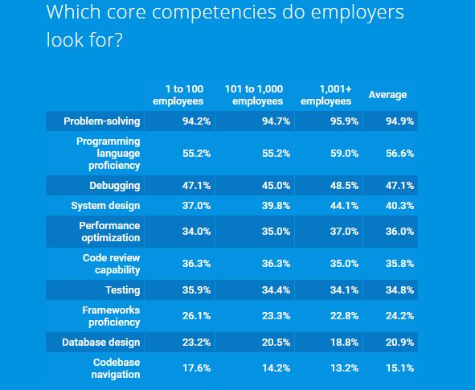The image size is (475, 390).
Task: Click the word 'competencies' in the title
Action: coord(214,12)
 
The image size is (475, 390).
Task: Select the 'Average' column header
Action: coord(387,95)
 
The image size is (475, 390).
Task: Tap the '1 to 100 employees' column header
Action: coord(178,95)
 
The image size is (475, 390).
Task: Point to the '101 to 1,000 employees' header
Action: coord(254,95)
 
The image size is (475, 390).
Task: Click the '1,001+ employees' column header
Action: coord(326,95)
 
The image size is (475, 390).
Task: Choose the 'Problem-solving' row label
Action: coord(102,121)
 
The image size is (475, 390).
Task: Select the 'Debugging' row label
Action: coord(115,186)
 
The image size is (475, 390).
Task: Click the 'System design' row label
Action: coord(106,206)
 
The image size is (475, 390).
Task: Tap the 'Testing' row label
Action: coord(123,290)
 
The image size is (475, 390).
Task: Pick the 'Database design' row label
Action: coord(101,342)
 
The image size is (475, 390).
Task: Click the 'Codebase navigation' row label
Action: coord(116,368)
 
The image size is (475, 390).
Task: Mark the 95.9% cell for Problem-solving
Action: coord(344,121)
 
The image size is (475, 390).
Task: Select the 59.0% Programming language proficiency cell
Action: coord(344,154)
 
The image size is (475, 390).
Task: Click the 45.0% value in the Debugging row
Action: coord(276,186)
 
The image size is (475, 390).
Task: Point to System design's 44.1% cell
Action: coord(344,206)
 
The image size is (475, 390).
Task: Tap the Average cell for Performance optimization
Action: coord(399,232)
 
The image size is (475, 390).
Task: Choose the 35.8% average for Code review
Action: coord(399,264)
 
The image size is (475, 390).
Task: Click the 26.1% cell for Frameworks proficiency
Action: coord(196,316)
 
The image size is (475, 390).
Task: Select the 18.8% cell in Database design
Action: coord(344,342)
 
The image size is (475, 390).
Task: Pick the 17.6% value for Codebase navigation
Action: coord(196,368)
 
